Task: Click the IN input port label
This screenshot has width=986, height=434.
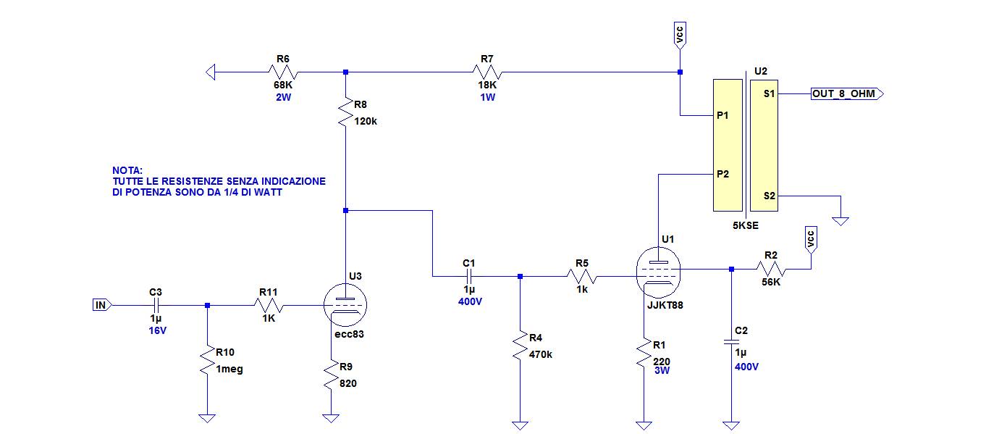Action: point(101,305)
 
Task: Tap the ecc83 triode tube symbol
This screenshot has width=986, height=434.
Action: point(345,305)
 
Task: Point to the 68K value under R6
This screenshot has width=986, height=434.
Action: point(283,85)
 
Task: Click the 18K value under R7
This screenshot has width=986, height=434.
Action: point(487,85)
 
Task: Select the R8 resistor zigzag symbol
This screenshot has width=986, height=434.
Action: point(345,112)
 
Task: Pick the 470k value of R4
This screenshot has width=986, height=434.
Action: point(541,354)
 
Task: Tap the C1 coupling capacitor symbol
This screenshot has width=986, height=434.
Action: point(469,276)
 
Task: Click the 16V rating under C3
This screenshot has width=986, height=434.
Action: point(158,330)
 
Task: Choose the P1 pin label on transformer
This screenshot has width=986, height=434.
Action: point(722,115)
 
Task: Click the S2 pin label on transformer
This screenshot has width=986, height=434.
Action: point(770,196)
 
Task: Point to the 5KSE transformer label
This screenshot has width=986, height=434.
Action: point(746,225)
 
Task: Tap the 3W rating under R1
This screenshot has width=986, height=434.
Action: point(662,370)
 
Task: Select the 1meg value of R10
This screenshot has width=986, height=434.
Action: point(229,370)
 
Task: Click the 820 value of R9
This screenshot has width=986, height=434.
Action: point(347,383)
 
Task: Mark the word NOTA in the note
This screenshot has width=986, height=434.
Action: point(127,170)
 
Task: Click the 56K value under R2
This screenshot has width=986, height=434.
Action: point(771,282)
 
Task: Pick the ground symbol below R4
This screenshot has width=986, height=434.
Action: point(520,425)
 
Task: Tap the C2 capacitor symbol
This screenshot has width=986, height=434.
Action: point(731,341)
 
